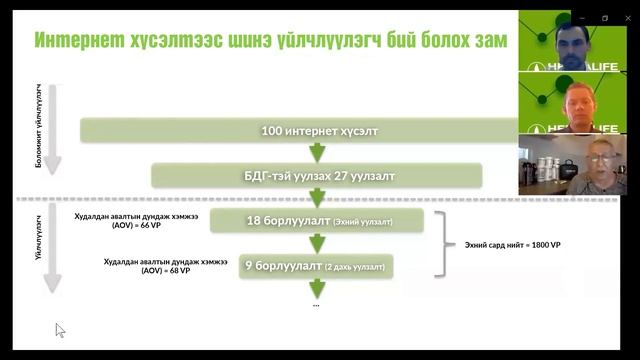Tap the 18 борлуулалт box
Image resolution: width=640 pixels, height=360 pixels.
click(x=319, y=220)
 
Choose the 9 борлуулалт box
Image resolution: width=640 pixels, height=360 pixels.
click(x=315, y=266)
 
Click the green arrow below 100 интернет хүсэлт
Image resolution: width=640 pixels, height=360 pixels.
click(x=317, y=153)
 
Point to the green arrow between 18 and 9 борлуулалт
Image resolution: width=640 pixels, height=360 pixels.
click(x=317, y=243)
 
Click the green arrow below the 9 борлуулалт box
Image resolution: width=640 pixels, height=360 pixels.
click(x=317, y=288)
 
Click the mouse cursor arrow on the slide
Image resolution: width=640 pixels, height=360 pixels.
click(x=60, y=329)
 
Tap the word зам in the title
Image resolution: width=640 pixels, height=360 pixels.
click(x=487, y=40)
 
